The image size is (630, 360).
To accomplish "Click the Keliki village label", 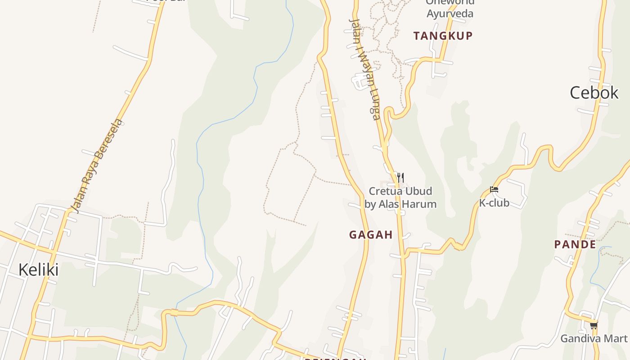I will coord(38,270).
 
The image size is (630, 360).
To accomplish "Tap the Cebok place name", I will coord(594,93).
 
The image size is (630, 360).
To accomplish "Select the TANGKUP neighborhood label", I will coord(443,36).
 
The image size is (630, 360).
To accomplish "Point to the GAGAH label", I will coord(371,234).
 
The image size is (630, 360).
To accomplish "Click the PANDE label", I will coord(575,244).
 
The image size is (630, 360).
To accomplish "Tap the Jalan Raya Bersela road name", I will coord(97,166).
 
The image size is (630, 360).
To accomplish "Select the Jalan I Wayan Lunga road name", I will coord(365,69).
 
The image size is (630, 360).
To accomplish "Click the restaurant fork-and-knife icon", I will coord(400,177).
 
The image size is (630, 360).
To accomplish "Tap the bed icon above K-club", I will coord(494,190).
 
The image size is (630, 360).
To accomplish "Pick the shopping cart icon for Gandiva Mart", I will coord(594,325).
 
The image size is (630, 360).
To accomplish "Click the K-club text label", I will coord(494,203).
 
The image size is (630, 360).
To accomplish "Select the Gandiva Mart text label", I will coord(594,338).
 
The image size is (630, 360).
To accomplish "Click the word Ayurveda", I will coord(450,13).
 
